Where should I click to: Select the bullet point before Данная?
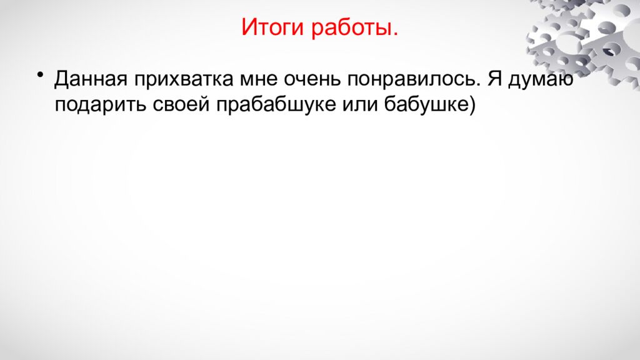pyautogui.click(x=41, y=76)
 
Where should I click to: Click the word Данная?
pyautogui.click(x=91, y=80)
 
